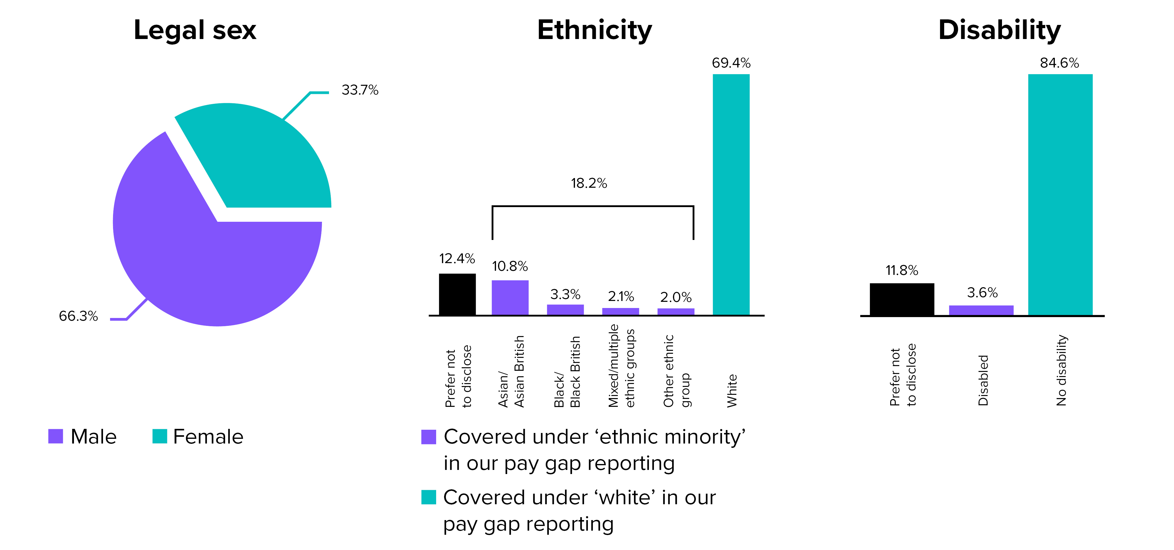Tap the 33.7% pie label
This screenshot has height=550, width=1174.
360,90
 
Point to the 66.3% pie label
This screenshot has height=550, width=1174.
78,316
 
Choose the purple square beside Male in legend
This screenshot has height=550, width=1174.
55,436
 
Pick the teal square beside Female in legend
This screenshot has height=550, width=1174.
159,436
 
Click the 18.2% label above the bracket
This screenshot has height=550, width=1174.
589,184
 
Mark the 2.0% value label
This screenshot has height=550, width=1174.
676,297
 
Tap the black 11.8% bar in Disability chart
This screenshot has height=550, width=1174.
902,299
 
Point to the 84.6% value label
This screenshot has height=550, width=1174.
1059,63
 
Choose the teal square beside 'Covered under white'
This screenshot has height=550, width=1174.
429,497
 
